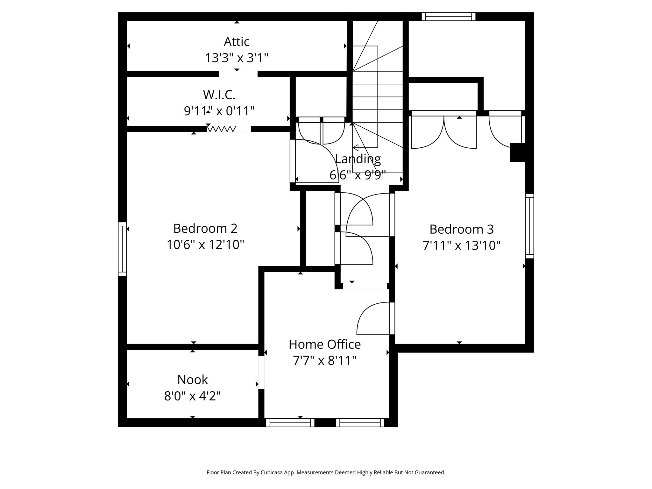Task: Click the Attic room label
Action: coord(237,42)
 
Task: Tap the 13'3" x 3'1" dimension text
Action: coord(237,58)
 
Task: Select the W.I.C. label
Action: coord(219,95)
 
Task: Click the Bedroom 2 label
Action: coord(205,229)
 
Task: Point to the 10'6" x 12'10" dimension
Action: coord(205,245)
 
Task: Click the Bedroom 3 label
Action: coord(461,229)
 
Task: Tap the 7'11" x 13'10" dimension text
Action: coord(461,246)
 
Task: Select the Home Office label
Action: coord(324,344)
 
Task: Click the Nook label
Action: coord(192,380)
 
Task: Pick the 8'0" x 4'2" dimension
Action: coord(192,396)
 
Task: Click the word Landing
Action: coord(358,159)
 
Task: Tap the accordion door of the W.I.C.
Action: coord(222,129)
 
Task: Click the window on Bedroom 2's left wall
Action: coord(122,249)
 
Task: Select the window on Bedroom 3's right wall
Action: coord(529,226)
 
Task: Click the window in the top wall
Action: coord(448,17)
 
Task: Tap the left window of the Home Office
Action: coord(290,422)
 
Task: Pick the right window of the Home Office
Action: coord(360,422)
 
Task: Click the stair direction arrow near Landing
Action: coord(356,148)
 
